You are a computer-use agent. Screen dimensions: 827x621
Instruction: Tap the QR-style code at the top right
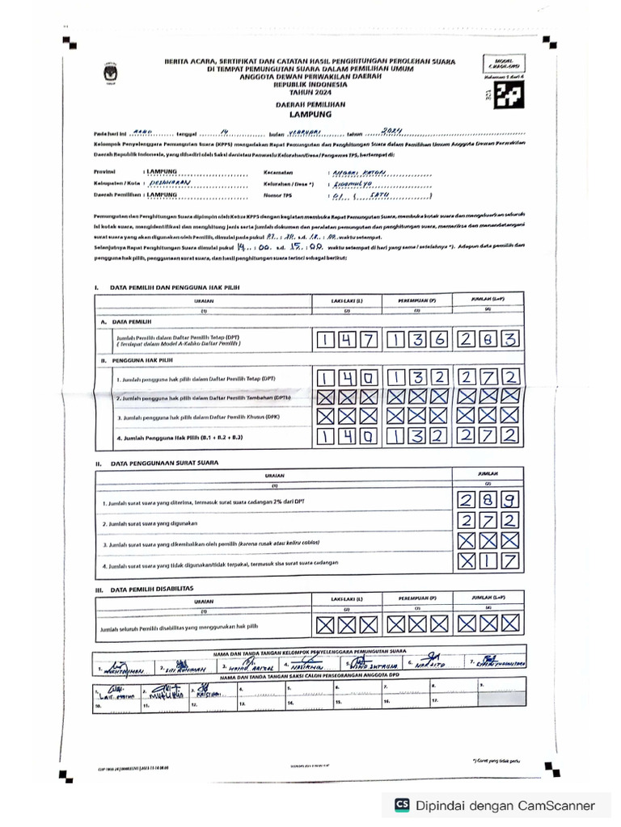click(x=506, y=95)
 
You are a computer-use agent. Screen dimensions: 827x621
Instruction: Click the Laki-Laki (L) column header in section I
click(x=347, y=300)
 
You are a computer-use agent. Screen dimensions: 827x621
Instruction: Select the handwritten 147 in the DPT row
click(x=346, y=341)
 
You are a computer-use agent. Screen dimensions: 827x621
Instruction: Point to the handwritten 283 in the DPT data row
click(x=488, y=341)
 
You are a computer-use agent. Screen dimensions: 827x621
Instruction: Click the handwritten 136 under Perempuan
click(x=417, y=341)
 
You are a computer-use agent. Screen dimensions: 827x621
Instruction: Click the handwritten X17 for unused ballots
click(x=488, y=561)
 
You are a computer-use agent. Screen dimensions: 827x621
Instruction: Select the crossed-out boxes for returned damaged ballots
click(x=488, y=542)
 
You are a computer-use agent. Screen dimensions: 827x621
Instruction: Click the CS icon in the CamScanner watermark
click(x=402, y=804)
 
